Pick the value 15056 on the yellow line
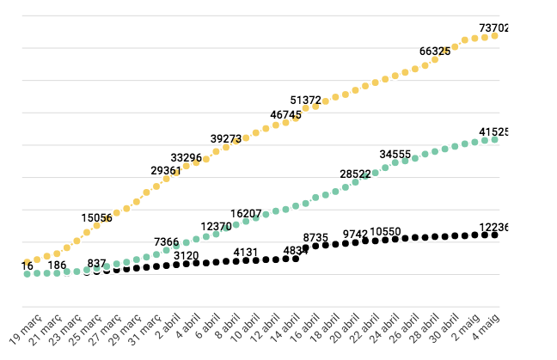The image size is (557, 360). pos(97,218)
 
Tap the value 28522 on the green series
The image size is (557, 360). pos(355,174)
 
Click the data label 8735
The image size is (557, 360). pos(316,237)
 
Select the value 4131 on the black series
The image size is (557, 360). pos(246,253)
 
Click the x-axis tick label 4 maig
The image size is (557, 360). pos(487,327)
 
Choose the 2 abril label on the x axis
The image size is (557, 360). pos(167,330)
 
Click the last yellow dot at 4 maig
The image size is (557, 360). pos(494,36)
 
